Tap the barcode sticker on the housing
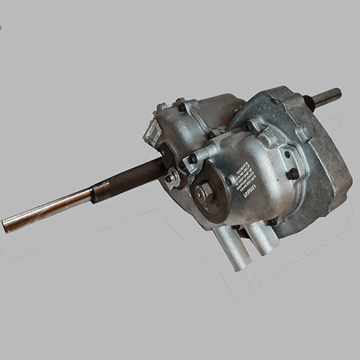point(153,134)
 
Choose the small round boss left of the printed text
point(230,181)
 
